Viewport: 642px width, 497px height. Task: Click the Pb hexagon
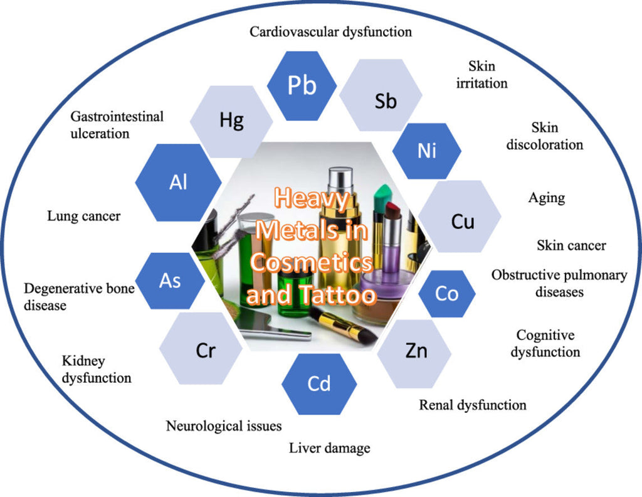coord(302,86)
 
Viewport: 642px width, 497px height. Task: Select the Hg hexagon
coord(231,121)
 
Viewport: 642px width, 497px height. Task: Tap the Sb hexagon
coord(386,100)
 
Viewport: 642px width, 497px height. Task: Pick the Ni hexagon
coord(427,151)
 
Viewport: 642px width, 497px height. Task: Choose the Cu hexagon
coord(462,221)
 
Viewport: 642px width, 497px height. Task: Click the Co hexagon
coord(446,293)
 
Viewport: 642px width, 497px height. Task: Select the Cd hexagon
coord(318,383)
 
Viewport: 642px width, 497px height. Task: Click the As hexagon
coord(170,281)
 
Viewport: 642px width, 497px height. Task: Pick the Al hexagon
coord(178,182)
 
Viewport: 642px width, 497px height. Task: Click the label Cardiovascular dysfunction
coord(330,31)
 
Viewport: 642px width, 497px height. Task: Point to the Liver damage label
coord(329,448)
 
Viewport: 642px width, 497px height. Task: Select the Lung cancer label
coord(83,216)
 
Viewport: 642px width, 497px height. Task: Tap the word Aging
coord(546,198)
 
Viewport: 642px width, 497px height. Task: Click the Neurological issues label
coord(223,426)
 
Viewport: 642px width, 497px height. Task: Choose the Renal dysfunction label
coord(472,405)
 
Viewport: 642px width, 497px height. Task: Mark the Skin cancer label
coord(571,245)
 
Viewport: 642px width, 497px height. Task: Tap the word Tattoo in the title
coord(344,295)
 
